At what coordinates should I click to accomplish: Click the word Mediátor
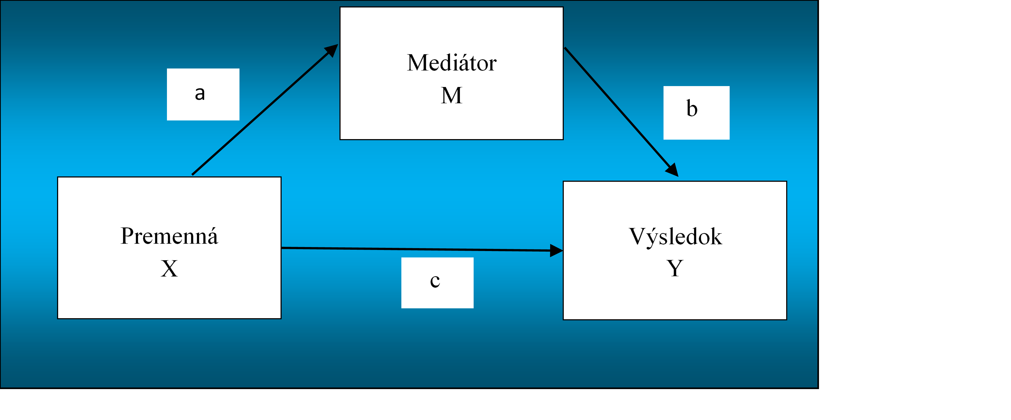[452, 63]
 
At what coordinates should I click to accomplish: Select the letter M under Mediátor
[452, 96]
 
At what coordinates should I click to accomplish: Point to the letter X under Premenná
[169, 269]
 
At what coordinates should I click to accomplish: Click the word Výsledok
[676, 236]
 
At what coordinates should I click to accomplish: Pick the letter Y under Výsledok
[675, 269]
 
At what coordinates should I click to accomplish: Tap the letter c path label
[435, 281]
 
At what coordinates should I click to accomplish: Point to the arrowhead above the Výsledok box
[672, 170]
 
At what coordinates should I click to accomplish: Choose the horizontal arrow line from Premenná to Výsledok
[422, 249]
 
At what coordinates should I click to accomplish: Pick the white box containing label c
[437, 283]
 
